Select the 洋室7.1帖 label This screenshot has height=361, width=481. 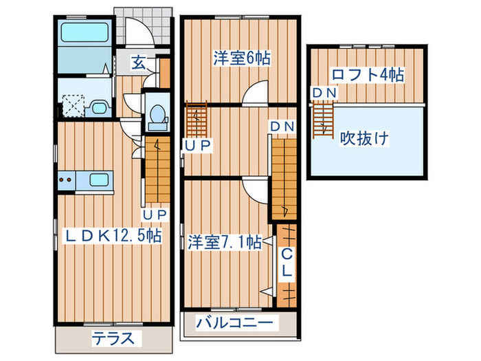pos(224,242)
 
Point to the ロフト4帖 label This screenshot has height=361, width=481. pos(367,74)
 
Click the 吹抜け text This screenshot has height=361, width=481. pos(365,138)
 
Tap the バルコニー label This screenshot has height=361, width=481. pos(235,322)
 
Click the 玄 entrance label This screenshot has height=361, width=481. pos(139,63)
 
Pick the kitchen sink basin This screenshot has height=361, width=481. pos(99,182)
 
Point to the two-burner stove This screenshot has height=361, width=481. pos(67,182)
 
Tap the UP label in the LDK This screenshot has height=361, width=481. pos(155,215)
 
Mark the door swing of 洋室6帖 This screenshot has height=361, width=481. pos(257,92)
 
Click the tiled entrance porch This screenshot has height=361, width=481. pos(142,28)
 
